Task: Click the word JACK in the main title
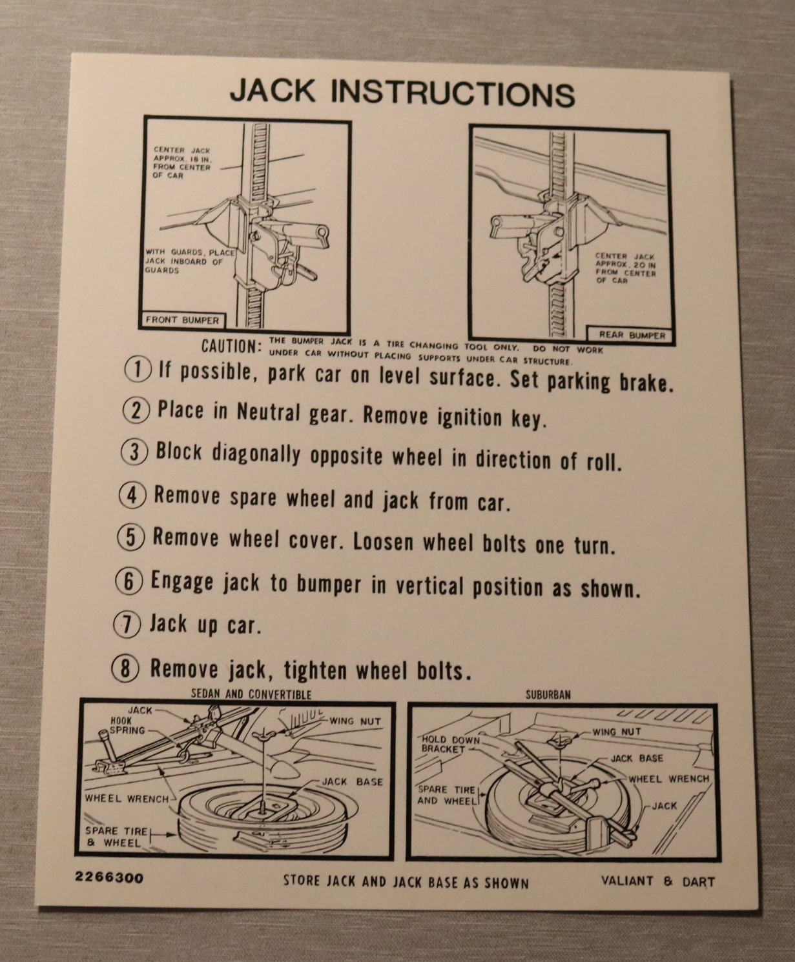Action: pyautogui.click(x=273, y=91)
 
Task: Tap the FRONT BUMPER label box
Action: pyautogui.click(x=182, y=320)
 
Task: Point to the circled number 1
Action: pyautogui.click(x=137, y=370)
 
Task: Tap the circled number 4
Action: pyautogui.click(x=132, y=496)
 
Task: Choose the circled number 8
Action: pyautogui.click(x=125, y=668)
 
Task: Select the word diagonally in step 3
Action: pyautogui.click(x=256, y=454)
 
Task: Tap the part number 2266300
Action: pyautogui.click(x=109, y=877)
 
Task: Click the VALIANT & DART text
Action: pyautogui.click(x=658, y=882)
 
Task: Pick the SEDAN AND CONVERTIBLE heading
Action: pyautogui.click(x=251, y=694)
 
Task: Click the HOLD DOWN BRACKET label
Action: pyautogui.click(x=451, y=744)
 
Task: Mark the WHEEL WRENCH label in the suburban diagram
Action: pyautogui.click(x=669, y=779)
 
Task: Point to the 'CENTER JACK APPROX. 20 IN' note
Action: pyautogui.click(x=625, y=268)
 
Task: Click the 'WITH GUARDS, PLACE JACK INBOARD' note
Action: pyautogui.click(x=190, y=261)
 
